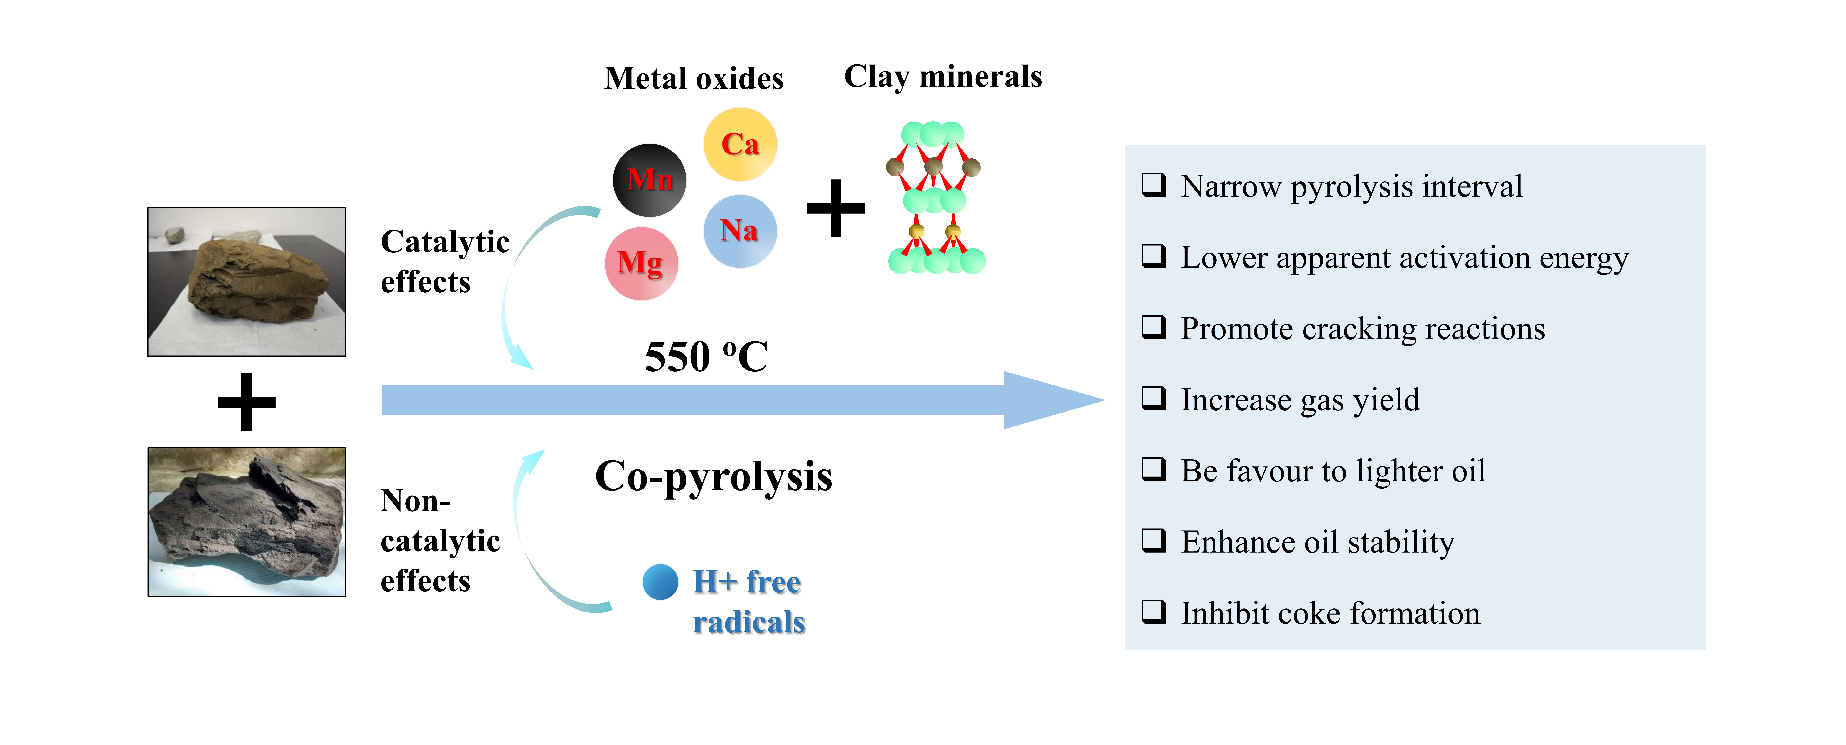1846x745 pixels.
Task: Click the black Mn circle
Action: tap(649, 180)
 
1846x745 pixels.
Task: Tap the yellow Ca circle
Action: tap(740, 144)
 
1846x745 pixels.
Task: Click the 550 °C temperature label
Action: tap(706, 357)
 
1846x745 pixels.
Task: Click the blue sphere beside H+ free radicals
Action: tap(660, 582)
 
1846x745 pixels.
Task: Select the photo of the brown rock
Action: tap(247, 282)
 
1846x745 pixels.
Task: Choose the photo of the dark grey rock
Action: tap(247, 521)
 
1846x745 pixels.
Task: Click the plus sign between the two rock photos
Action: tap(247, 402)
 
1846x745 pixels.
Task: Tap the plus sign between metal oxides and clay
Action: tap(836, 208)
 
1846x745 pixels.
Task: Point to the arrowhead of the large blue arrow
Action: tap(1053, 400)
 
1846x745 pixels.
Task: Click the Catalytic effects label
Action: tap(444, 261)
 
